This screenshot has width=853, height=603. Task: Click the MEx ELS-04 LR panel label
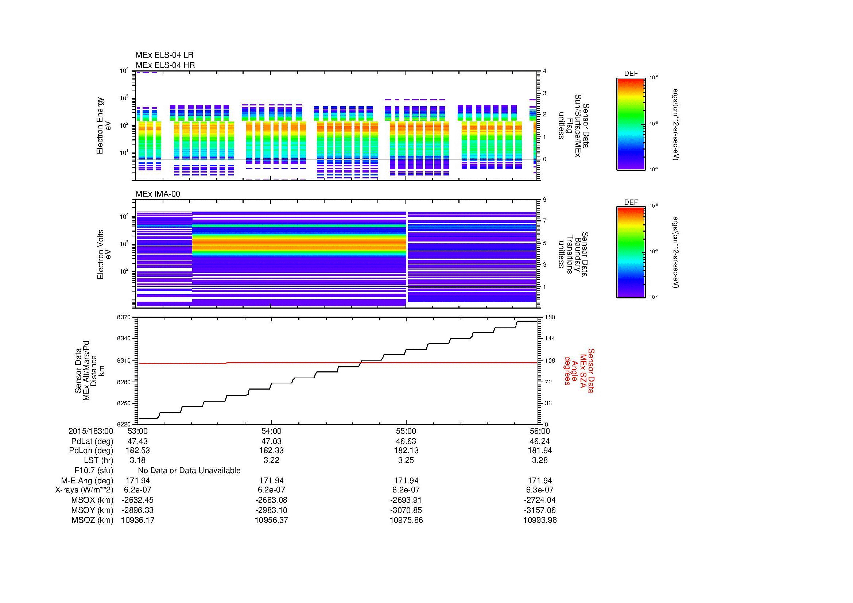click(164, 55)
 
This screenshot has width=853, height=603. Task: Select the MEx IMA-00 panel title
click(158, 194)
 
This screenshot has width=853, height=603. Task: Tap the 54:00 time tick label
click(271, 431)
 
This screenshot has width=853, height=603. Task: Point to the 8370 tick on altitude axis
click(124, 317)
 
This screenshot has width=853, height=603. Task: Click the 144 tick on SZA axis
click(549, 339)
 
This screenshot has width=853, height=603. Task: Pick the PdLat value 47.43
click(137, 441)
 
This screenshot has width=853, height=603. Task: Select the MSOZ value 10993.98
click(540, 520)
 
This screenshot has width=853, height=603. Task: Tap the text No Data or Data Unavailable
click(189, 470)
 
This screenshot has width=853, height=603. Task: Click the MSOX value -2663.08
click(271, 500)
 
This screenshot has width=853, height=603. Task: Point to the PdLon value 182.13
click(406, 450)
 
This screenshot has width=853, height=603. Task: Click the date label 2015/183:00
click(91, 431)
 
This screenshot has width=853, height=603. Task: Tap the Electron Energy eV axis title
click(104, 125)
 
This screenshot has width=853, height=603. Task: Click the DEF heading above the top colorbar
click(631, 74)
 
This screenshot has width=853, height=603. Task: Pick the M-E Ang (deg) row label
click(87, 480)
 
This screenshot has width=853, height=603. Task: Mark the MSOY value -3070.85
click(406, 510)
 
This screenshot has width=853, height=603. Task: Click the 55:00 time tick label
click(406, 431)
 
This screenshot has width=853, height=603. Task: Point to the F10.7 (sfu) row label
click(94, 470)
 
